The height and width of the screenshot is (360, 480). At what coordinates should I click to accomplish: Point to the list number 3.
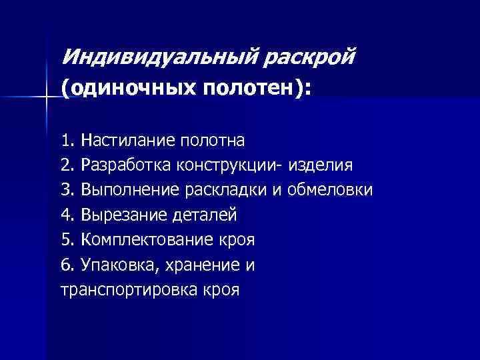[66, 191]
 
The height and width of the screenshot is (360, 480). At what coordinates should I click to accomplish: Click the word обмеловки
[331, 191]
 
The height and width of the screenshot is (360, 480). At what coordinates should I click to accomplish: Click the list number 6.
[66, 265]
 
